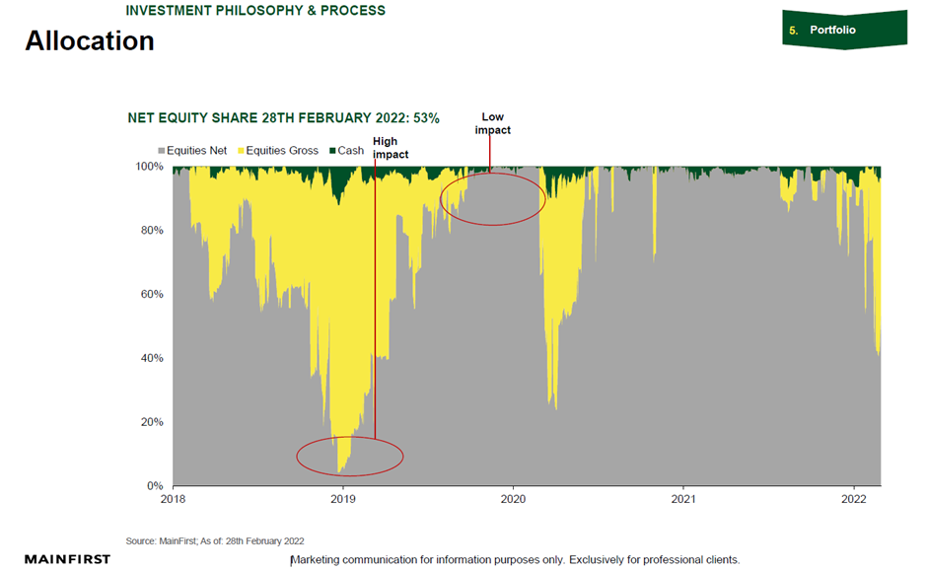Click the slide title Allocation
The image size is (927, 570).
point(90,41)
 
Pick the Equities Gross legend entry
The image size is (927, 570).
point(280,151)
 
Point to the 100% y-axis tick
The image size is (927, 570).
point(151,167)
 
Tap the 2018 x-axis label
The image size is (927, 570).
point(174,500)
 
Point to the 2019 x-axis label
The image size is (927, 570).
point(343,500)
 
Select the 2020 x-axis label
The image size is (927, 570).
point(514,500)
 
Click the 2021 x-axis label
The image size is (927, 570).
point(684,500)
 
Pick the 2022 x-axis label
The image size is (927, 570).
point(854,500)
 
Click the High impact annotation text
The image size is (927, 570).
point(391,148)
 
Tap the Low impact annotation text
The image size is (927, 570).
point(492,123)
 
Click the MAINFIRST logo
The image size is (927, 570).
point(68,559)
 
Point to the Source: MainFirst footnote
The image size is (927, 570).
point(215,540)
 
